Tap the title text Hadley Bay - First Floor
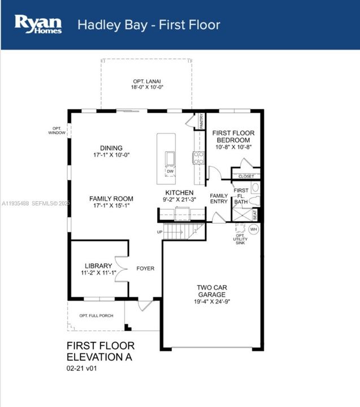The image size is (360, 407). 149,25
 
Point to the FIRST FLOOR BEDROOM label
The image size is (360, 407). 233,136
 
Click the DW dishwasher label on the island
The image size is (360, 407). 170,171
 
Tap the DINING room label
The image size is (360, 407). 111,148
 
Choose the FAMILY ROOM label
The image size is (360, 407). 111,198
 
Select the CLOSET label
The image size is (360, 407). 246,176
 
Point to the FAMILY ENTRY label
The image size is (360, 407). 219,199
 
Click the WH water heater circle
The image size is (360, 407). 253,230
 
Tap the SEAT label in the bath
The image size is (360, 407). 255,215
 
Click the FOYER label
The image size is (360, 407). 145,269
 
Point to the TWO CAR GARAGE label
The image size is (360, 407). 211,291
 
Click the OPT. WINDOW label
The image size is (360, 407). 56,131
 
